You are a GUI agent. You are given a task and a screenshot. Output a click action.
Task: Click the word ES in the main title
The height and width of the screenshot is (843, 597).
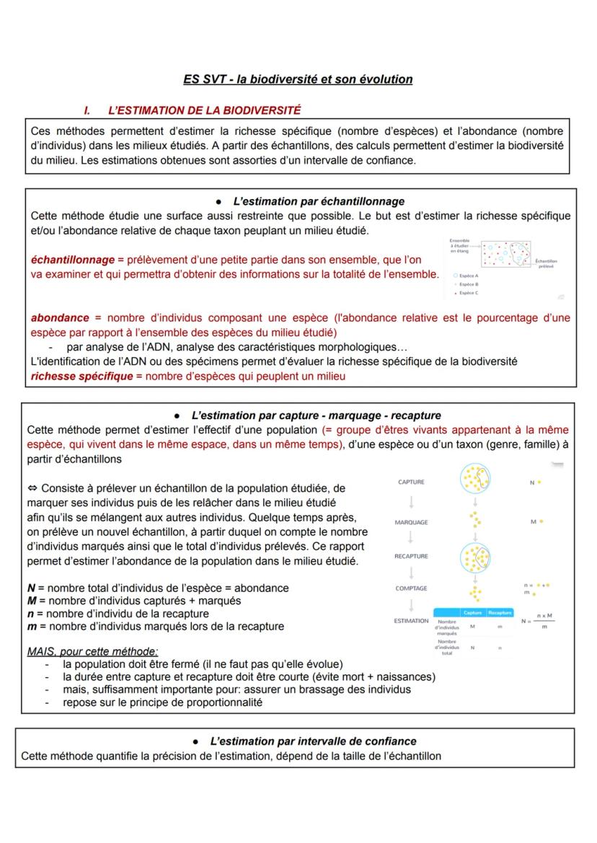(x=192, y=79)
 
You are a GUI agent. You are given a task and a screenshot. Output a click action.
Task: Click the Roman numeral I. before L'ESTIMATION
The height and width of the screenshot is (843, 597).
(x=87, y=110)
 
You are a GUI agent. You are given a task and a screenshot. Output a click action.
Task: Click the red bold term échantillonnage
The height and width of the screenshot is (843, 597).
(x=72, y=260)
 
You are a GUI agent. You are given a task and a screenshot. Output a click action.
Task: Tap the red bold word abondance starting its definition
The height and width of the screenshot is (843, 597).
(x=60, y=317)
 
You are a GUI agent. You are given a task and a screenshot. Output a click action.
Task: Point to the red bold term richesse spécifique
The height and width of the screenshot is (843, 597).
(x=81, y=376)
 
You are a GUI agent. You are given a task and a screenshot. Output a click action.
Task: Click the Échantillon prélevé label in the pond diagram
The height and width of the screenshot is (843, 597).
(x=546, y=264)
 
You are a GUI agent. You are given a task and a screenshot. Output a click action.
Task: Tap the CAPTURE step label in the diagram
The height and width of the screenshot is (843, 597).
(x=411, y=482)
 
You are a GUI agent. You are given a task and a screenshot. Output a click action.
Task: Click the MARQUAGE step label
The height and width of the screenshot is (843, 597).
(x=411, y=522)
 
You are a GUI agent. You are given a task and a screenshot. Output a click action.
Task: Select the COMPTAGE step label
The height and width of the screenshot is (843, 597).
(x=411, y=588)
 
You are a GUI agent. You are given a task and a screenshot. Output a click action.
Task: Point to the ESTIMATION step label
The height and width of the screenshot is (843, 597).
(x=411, y=621)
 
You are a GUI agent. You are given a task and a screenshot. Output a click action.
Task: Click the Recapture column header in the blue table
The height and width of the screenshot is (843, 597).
(x=499, y=613)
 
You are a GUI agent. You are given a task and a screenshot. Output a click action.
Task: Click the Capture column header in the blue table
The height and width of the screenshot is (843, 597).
(x=472, y=613)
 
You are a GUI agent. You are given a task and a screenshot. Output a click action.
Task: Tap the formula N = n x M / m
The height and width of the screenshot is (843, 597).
(x=538, y=621)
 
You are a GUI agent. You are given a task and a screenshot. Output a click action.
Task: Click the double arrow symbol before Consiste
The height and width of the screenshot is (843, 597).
(x=32, y=488)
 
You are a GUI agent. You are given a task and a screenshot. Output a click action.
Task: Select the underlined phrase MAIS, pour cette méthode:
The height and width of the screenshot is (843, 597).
(x=92, y=651)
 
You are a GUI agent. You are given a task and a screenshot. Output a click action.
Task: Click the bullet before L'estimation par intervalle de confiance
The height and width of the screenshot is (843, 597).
(x=196, y=741)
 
